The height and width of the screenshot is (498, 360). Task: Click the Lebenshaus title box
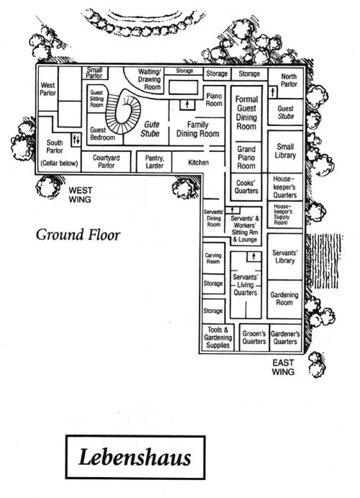point(135,457)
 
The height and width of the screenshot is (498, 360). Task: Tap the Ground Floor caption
point(78,235)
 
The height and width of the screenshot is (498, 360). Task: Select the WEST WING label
point(80,195)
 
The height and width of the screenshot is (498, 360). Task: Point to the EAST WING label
point(283,367)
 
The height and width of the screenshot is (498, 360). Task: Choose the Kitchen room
point(198,162)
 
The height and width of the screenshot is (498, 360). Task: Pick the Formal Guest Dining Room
point(246,113)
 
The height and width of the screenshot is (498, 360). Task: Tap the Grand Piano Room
point(246,157)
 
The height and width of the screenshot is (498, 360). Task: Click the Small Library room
point(285,151)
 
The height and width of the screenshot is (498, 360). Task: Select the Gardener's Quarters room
point(285,337)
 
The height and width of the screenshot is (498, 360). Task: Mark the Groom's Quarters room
point(254,337)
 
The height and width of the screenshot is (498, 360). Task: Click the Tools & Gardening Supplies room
point(218,337)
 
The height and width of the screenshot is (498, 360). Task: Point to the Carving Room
point(213,258)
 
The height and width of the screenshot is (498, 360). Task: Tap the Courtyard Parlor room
point(107,161)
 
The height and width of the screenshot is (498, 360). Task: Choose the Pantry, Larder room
point(154,161)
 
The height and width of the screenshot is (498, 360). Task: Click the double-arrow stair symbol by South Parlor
point(76,139)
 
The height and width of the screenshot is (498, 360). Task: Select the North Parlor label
point(289,80)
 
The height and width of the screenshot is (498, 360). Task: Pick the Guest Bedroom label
point(102,134)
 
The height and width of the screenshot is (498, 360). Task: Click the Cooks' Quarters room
point(246,187)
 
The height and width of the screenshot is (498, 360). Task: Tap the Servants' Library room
point(285,257)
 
